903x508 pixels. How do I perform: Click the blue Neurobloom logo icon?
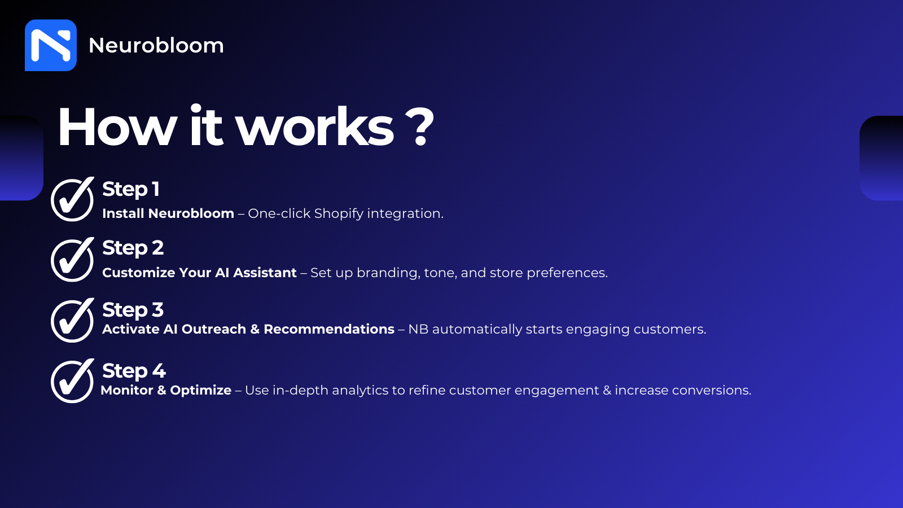coord(51,45)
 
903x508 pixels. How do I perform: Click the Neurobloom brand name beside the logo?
coord(156,45)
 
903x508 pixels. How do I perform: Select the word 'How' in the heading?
coord(117,126)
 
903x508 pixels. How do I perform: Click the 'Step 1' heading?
coord(131,190)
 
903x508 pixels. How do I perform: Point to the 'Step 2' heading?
coord(133,248)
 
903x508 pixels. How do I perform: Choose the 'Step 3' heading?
coord(133,310)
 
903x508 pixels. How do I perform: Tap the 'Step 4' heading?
coord(134,371)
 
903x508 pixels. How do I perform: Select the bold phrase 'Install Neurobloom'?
coord(168,213)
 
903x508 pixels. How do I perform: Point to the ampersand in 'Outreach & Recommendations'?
coord(255,330)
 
